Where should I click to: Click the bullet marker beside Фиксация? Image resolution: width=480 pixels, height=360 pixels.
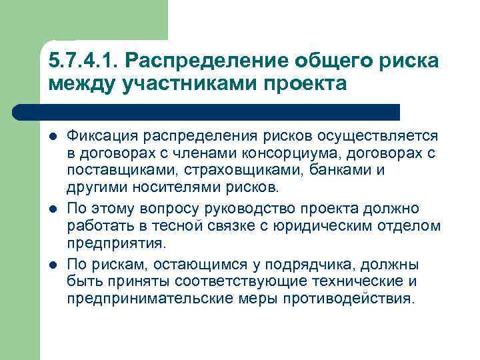pos(53,137)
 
